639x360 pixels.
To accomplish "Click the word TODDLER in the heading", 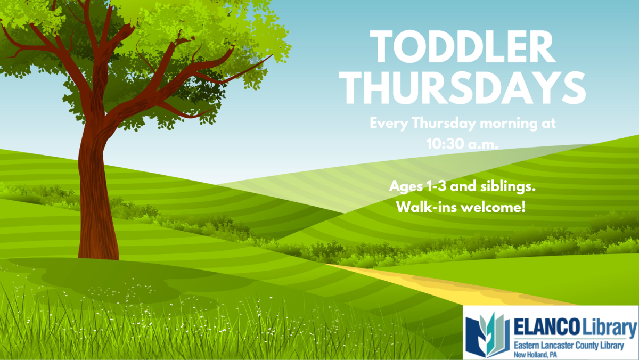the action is (x=463, y=47).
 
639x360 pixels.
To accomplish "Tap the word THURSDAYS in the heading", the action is (x=462, y=88).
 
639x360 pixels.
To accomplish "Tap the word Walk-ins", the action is (x=427, y=207).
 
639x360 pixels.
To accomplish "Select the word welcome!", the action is (x=493, y=207).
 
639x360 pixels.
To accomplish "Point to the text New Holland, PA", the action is (x=535, y=355).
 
